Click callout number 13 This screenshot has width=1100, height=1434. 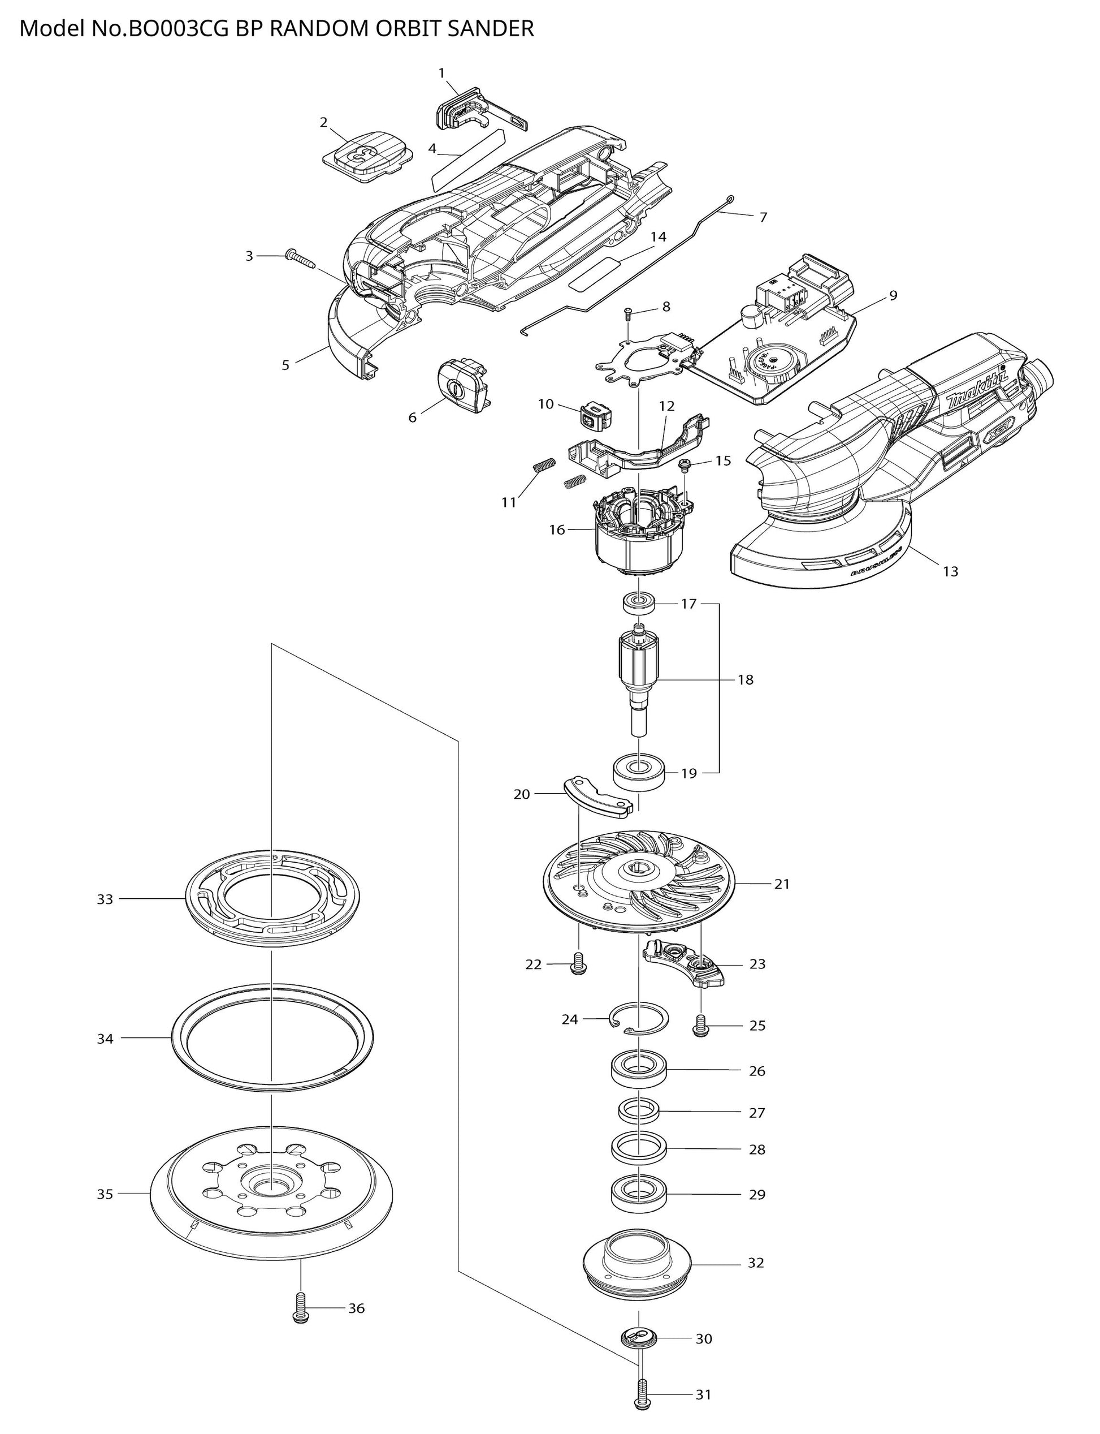[950, 571]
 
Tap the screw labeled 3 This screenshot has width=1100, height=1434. [301, 258]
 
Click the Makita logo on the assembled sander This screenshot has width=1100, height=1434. [977, 392]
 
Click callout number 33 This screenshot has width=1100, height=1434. [105, 899]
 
